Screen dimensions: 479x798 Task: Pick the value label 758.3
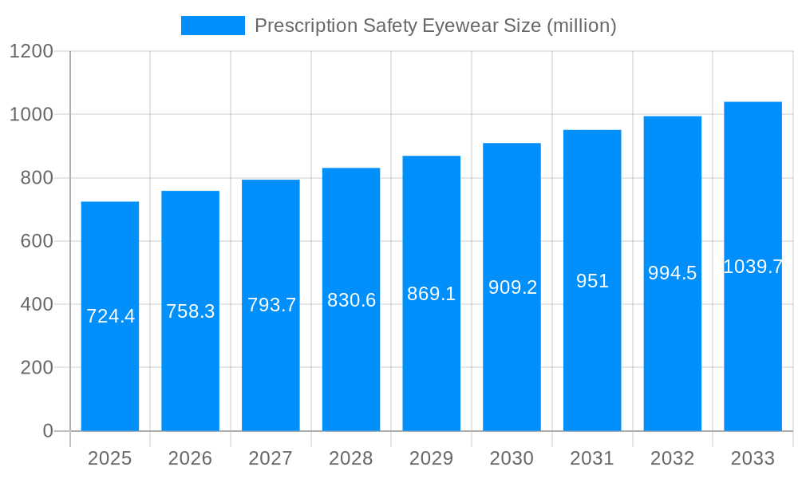[191, 311]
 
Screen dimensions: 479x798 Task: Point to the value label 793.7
[271, 305]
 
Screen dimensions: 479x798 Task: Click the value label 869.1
[431, 294]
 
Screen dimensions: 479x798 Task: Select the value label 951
[592, 281]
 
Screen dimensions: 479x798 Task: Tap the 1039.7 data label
[753, 267]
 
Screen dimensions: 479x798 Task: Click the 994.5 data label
[672, 273]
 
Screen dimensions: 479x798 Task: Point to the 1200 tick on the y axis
[31, 52]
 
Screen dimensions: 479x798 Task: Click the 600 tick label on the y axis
[37, 241]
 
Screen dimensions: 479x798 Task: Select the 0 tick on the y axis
[48, 431]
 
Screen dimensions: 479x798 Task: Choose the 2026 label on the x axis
[191, 458]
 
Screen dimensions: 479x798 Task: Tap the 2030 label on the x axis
[512, 458]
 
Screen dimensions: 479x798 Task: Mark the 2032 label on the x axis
[672, 458]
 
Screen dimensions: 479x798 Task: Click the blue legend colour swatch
[213, 26]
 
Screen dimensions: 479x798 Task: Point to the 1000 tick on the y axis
[31, 115]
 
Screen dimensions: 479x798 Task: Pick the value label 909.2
[512, 287]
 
